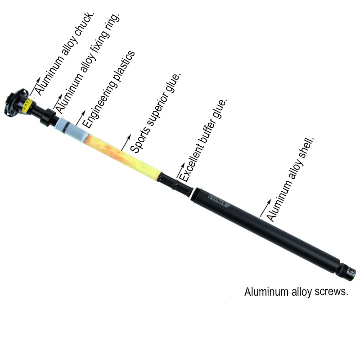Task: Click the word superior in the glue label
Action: point(158,108)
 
